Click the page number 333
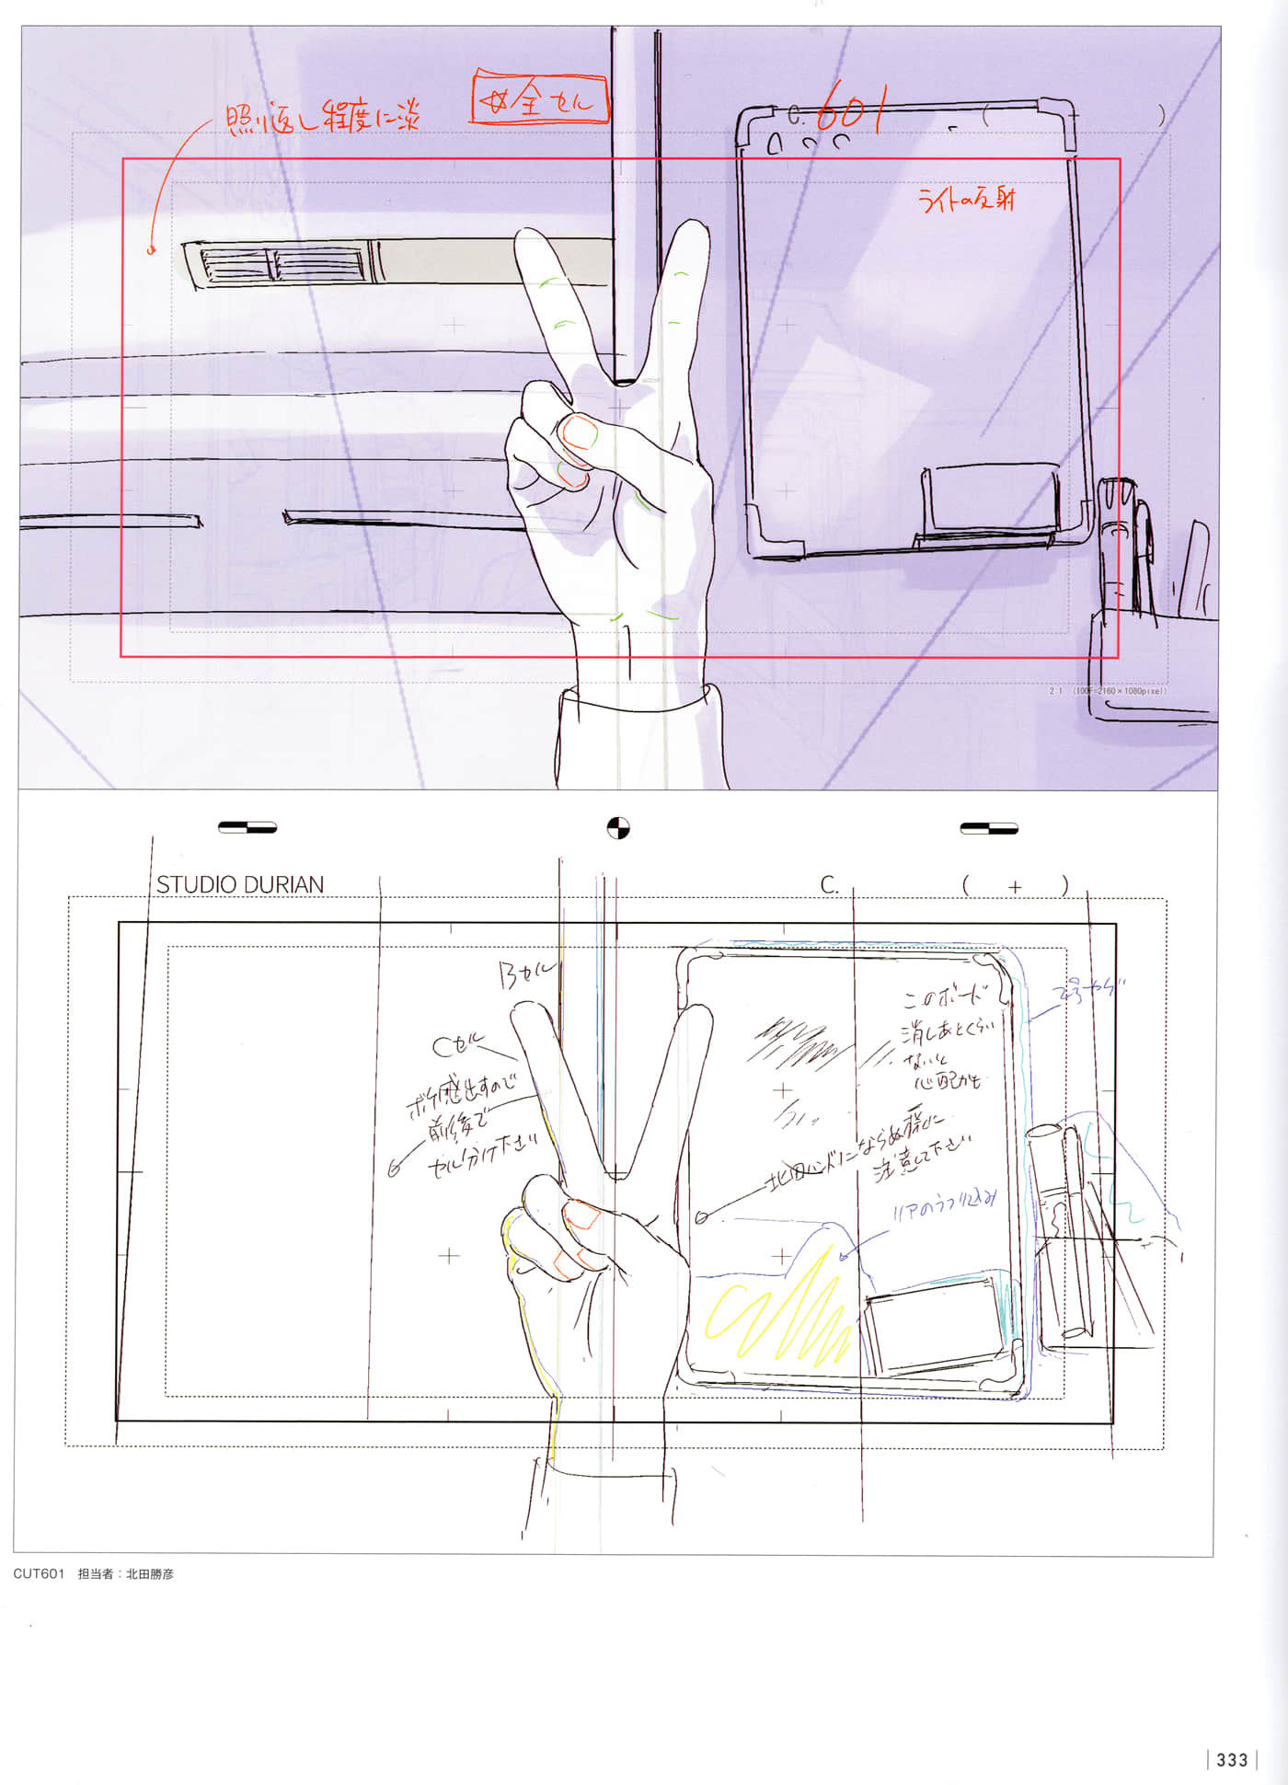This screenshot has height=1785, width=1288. click(x=1232, y=1759)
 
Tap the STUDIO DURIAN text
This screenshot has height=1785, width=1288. click(x=239, y=884)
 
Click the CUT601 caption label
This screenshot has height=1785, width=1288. click(x=39, y=1573)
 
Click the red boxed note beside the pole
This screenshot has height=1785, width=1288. click(x=540, y=99)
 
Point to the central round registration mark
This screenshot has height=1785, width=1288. click(x=618, y=827)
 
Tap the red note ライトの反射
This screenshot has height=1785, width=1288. click(x=966, y=200)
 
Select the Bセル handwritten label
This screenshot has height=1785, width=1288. click(x=527, y=973)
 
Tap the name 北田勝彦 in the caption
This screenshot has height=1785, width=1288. click(x=150, y=1573)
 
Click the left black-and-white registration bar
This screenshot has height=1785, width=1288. click(x=247, y=827)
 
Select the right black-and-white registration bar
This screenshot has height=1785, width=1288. click(x=988, y=828)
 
